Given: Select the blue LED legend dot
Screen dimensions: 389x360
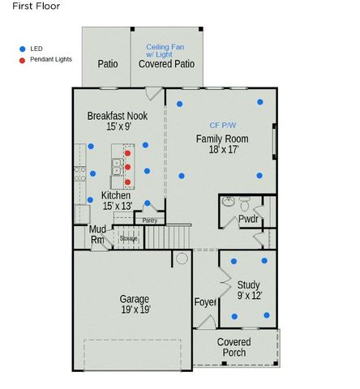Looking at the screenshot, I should (22, 49).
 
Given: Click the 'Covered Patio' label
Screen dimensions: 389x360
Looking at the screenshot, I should (166, 63).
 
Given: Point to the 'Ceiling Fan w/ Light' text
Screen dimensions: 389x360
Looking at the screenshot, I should (166, 53).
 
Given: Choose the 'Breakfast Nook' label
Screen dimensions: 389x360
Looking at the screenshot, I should (118, 116).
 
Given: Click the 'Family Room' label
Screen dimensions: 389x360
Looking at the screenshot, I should (222, 139).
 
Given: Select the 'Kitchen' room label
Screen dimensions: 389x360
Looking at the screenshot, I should (116, 195).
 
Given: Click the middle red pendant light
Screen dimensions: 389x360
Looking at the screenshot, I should (128, 167).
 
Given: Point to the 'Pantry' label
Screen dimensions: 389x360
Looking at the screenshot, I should (149, 220).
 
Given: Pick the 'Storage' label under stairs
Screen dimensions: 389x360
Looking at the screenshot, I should (128, 238).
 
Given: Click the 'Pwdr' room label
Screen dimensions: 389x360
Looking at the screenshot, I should (248, 219).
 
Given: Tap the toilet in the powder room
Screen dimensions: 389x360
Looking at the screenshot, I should (229, 201).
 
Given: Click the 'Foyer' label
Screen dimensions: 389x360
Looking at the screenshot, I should (205, 302).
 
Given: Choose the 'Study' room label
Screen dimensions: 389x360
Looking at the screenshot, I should (248, 284).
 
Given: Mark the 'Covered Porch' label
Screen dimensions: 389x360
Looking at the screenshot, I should (234, 347).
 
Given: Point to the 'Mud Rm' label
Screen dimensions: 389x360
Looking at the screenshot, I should (97, 234).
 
